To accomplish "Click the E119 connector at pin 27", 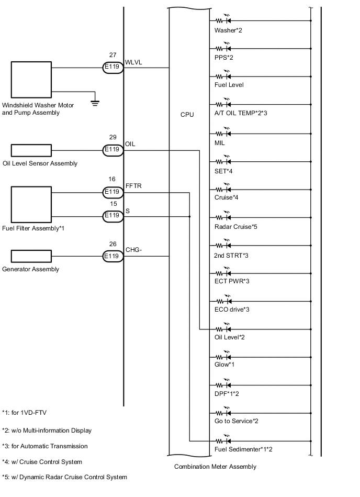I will coord(112,67).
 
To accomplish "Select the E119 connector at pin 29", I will coord(112,150).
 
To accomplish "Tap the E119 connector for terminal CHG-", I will coord(112,256).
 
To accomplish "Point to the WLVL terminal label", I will coord(134,61).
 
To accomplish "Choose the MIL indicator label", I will coord(220,142).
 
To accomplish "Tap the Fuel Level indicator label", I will coord(229,85).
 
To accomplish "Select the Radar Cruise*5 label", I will coord(236,227).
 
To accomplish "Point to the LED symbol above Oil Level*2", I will coord(224,329).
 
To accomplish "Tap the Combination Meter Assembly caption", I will coord(215,467).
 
